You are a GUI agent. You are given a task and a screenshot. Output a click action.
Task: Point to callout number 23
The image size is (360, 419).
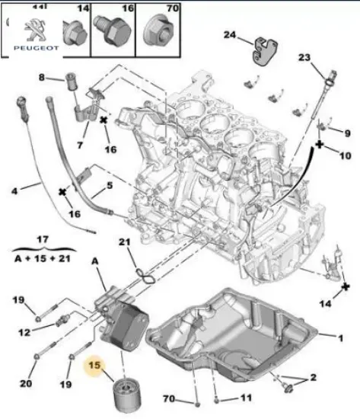(304, 58)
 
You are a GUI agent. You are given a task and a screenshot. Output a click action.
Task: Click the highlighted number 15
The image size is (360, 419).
(96, 366)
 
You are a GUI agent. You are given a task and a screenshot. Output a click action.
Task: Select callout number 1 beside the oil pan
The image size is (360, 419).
(340, 337)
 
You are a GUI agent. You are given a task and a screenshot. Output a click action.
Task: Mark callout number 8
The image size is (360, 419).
(42, 77)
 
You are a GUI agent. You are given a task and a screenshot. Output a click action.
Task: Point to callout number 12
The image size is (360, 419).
(24, 332)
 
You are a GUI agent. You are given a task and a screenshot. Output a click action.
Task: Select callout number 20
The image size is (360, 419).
(26, 382)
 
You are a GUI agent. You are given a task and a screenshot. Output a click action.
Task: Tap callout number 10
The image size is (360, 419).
(346, 156)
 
